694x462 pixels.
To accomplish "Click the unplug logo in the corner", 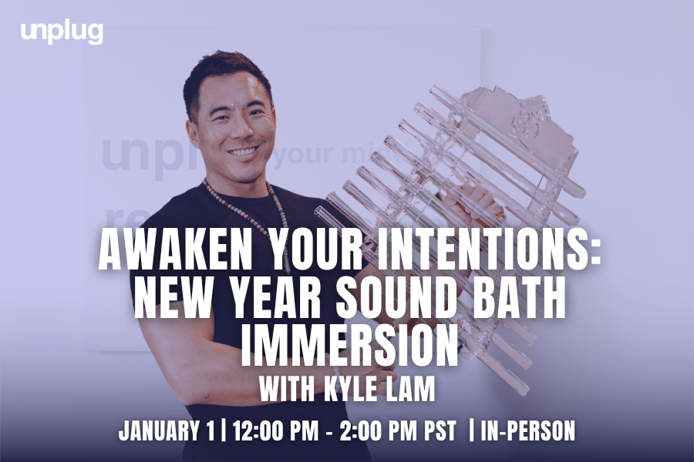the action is point(62,32).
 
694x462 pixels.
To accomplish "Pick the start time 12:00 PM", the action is point(275,430).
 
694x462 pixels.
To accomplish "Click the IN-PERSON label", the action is point(527,430).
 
